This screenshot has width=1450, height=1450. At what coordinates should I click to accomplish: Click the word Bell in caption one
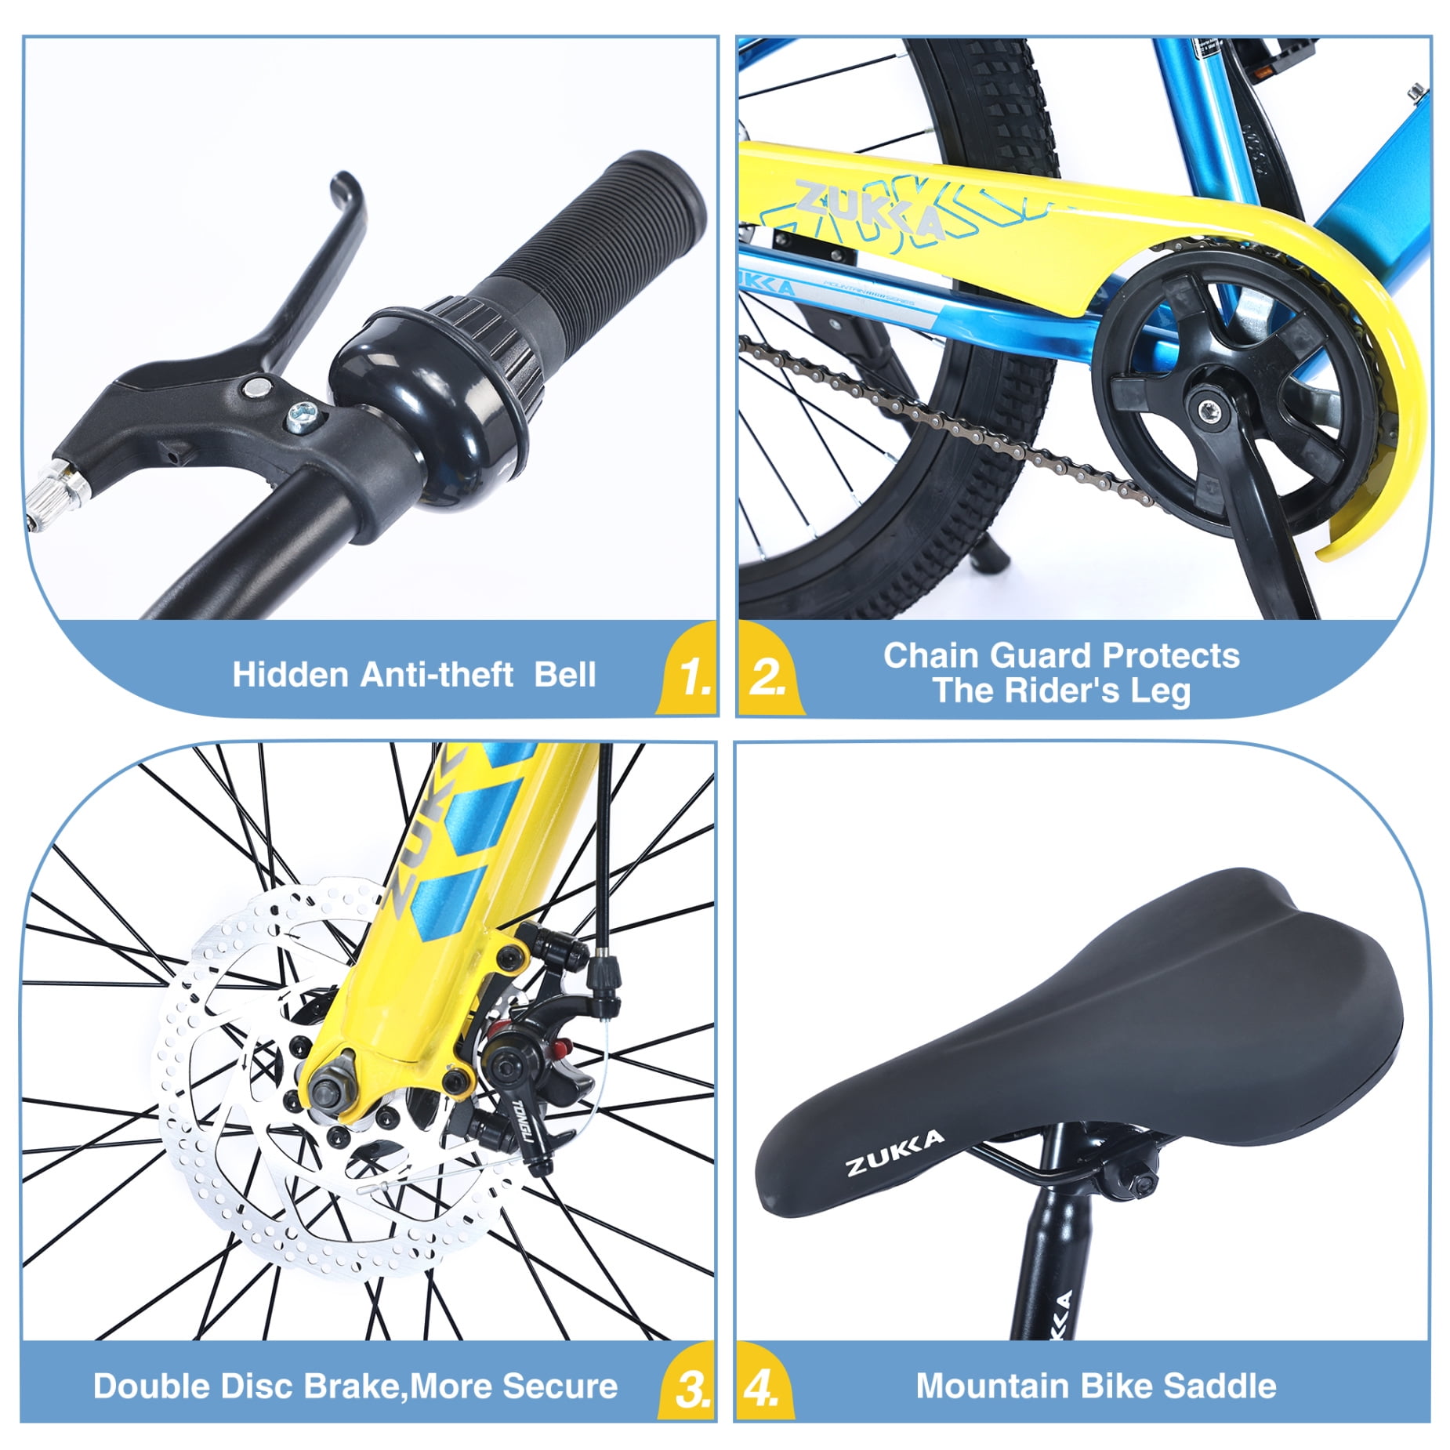coord(564,675)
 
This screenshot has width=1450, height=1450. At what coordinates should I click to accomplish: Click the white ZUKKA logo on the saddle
coord(894,1153)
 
